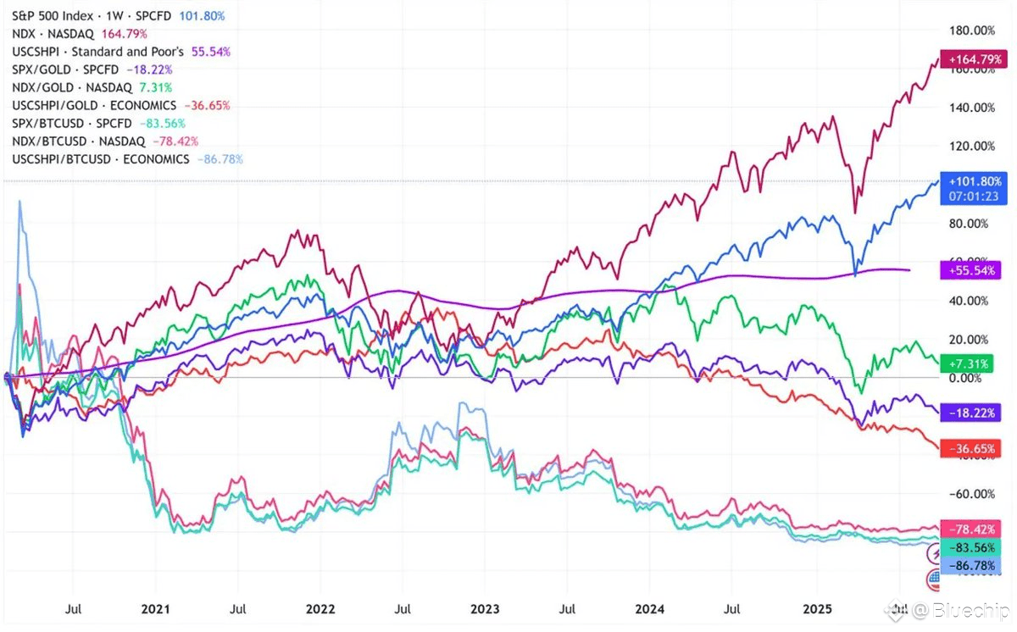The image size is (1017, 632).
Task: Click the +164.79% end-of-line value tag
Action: click(975, 59)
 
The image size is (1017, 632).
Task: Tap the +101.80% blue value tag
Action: click(975, 180)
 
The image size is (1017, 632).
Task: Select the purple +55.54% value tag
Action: click(975, 270)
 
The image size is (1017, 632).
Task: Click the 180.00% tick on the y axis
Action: click(971, 30)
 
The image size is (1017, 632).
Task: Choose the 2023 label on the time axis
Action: click(485, 608)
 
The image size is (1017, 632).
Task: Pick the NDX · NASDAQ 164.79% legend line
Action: click(81, 34)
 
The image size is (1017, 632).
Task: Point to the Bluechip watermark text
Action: click(975, 610)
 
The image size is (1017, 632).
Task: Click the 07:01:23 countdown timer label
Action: click(975, 195)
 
